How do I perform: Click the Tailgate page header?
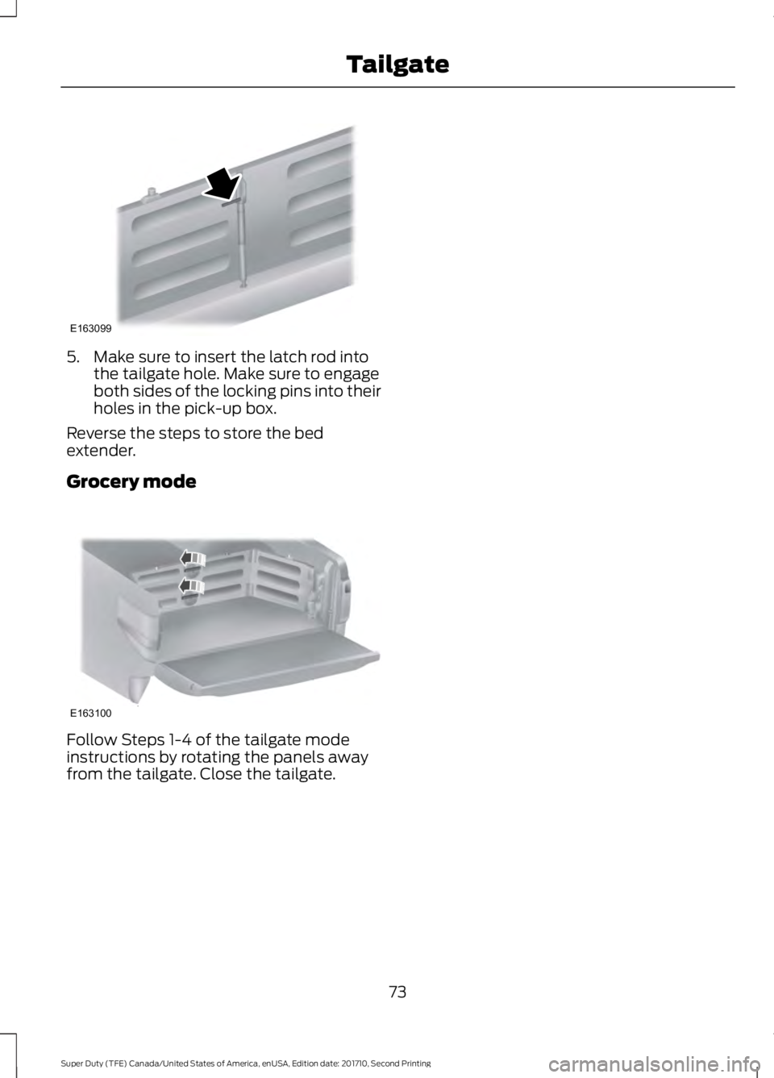397,64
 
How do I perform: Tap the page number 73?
397,991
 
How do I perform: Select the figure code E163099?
89,329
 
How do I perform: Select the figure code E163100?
89,714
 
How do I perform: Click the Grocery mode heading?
131,481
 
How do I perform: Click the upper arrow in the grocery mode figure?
193,558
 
